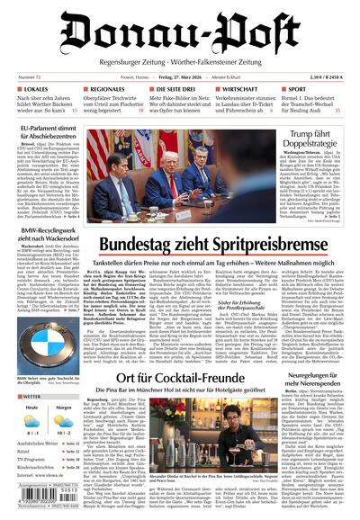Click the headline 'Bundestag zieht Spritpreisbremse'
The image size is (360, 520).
tap(211, 244)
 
